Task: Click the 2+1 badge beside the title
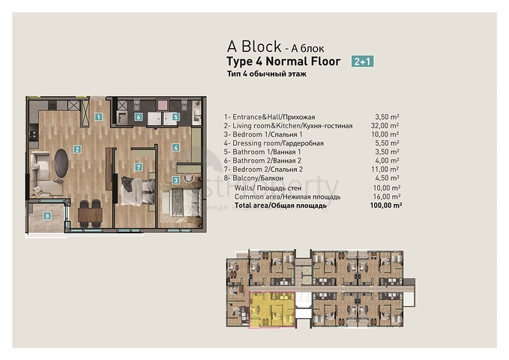(x=362, y=62)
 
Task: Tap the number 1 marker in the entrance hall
(x=99, y=116)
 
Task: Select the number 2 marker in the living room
(x=76, y=149)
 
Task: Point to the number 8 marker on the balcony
(x=47, y=217)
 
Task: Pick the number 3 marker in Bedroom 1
(x=175, y=180)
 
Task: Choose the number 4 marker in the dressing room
(x=175, y=148)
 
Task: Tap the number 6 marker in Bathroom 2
(x=139, y=117)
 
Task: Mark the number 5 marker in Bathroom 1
(x=175, y=117)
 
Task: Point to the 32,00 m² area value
(x=387, y=126)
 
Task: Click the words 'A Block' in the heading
(x=253, y=46)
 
